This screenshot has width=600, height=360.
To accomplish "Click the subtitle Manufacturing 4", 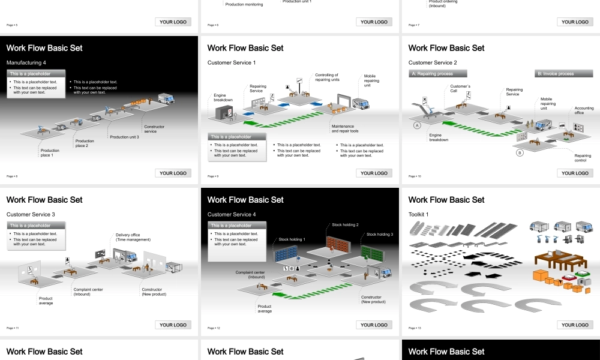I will click(x=26, y=62).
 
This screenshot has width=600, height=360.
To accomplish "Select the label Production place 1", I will click(x=50, y=153).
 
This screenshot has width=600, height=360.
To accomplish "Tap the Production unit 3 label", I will click(x=124, y=137).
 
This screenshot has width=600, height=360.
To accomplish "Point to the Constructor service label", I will click(x=154, y=129).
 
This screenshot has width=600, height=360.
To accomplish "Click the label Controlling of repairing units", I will click(x=327, y=77).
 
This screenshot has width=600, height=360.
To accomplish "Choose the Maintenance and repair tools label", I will click(x=345, y=128).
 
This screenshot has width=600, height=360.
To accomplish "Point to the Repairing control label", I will click(x=583, y=158).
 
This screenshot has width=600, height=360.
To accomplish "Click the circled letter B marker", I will click(x=520, y=153).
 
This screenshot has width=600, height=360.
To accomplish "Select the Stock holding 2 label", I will click(x=345, y=224).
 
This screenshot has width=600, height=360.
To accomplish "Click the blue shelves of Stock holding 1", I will click(x=291, y=253).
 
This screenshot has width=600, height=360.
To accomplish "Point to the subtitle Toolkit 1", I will click(x=419, y=214).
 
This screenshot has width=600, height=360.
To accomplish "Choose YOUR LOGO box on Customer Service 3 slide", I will click(x=173, y=325).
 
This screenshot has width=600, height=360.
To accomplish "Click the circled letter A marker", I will click(x=416, y=125).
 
